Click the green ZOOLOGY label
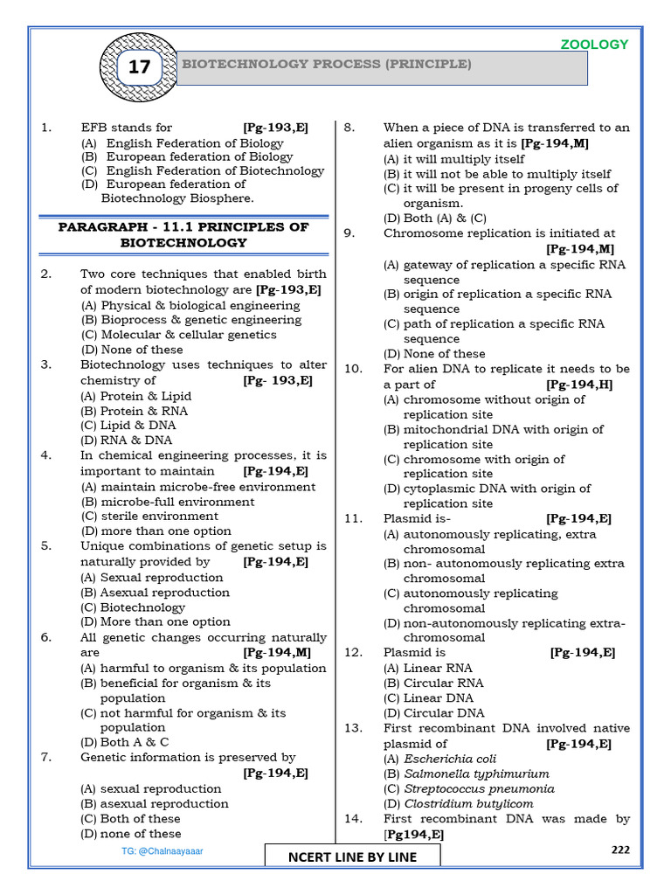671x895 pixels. [x=593, y=45]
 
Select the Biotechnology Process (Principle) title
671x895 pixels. [x=325, y=65]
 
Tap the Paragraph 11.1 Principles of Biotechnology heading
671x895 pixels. [x=183, y=234]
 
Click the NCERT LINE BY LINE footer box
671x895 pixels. [x=352, y=857]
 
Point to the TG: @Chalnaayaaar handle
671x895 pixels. [x=162, y=850]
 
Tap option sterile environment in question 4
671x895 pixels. [x=149, y=516]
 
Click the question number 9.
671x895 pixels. [x=349, y=233]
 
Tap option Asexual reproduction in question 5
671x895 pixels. [x=154, y=593]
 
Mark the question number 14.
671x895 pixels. [x=352, y=819]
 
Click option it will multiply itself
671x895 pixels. [x=454, y=159]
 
